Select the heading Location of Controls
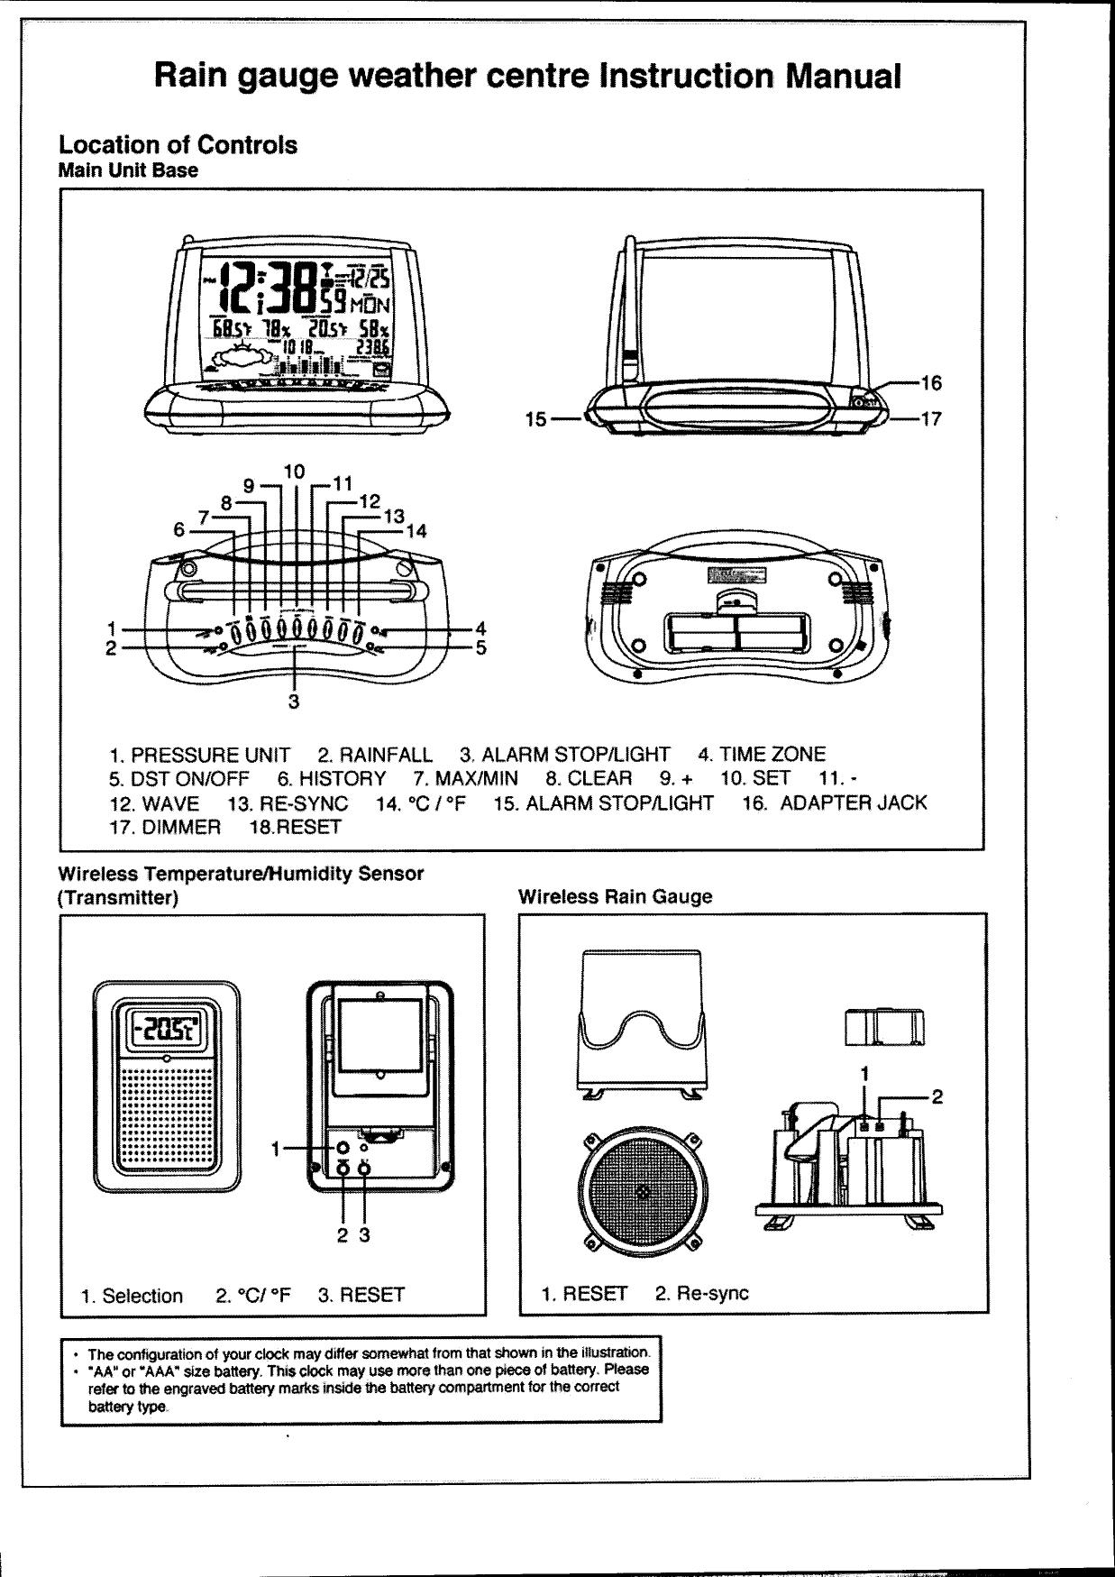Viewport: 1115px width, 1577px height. pos(178,145)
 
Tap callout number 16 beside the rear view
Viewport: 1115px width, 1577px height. pos(931,383)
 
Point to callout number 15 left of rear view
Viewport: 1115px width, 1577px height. pos(535,419)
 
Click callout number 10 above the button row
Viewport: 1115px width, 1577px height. pos(294,472)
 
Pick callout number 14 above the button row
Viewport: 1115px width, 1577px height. pos(416,531)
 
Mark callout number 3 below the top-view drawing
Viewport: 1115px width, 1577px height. pos(293,701)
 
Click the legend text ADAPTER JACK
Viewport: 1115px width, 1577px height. pos(853,802)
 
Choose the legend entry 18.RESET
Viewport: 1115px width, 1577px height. pos(297,827)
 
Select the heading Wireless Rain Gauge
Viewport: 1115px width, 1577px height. pos(615,896)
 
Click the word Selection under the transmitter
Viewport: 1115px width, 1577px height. pos(142,1296)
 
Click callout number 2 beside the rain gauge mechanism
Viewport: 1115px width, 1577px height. pos(937,1096)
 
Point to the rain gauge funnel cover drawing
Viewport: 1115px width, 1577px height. pos(641,1019)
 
